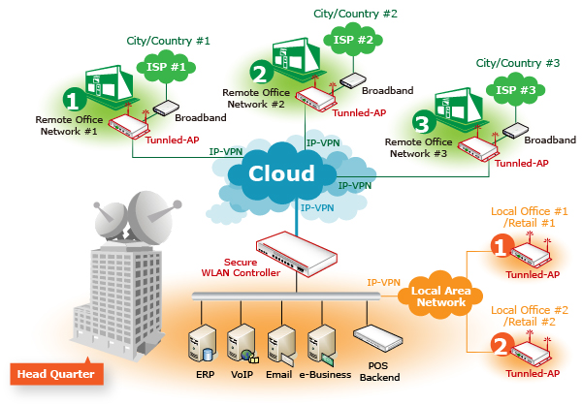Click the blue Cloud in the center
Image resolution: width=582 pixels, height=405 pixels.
[x=282, y=174]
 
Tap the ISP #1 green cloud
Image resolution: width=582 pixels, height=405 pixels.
[x=165, y=68]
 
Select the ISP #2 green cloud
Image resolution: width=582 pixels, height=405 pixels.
[x=353, y=41]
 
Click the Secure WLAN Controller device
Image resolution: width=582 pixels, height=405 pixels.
[x=297, y=254]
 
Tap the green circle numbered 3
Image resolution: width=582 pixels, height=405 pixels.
[x=420, y=123]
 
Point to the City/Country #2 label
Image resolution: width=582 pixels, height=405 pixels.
[x=354, y=14]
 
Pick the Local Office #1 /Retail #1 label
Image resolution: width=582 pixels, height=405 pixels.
[x=529, y=217]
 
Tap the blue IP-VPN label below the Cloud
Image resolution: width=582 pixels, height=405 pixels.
[x=318, y=207]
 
